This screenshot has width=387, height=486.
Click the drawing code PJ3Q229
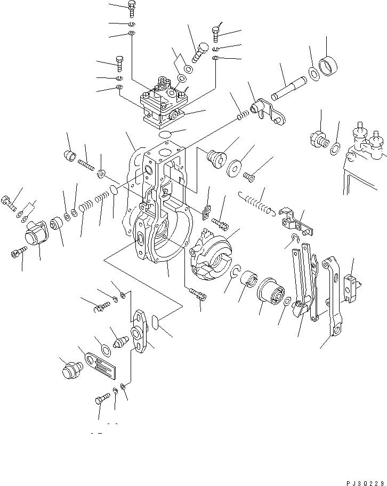pos(360,479)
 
